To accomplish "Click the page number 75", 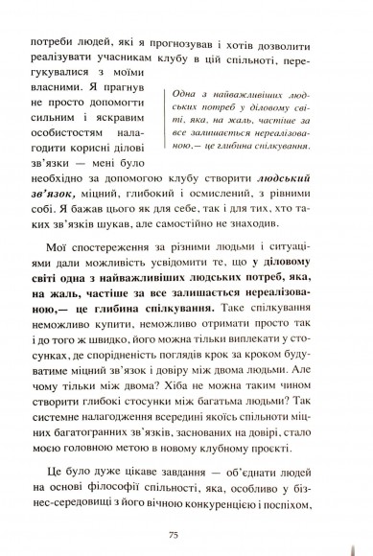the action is [x=187, y=535].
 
